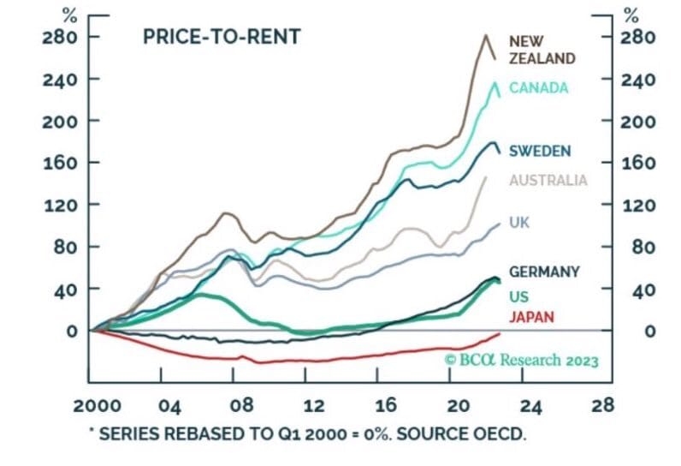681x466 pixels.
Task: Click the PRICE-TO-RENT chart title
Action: pyautogui.click(x=221, y=38)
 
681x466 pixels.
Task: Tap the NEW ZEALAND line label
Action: pyautogui.click(x=541, y=50)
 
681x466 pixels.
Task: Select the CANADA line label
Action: pyautogui.click(x=539, y=87)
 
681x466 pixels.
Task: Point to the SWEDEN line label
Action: pyautogui.click(x=540, y=151)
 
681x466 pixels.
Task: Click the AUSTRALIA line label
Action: pyautogui.click(x=548, y=180)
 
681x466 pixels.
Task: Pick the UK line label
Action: pyautogui.click(x=519, y=222)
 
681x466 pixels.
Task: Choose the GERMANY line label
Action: pyautogui.click(x=544, y=272)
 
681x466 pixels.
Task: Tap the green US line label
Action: pyautogui.click(x=518, y=296)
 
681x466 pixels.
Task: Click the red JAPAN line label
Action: pyautogui.click(x=531, y=318)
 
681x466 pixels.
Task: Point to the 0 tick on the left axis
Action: pyautogui.click(x=72, y=331)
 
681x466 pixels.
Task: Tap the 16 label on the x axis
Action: pyautogui.click(x=387, y=405)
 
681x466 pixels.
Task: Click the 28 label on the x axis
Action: pyautogui.click(x=603, y=405)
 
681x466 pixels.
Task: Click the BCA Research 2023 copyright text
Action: pyautogui.click(x=521, y=360)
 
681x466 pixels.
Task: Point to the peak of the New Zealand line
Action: pyautogui.click(x=486, y=35)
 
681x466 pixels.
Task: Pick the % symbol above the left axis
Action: pyautogui.click(x=72, y=14)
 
